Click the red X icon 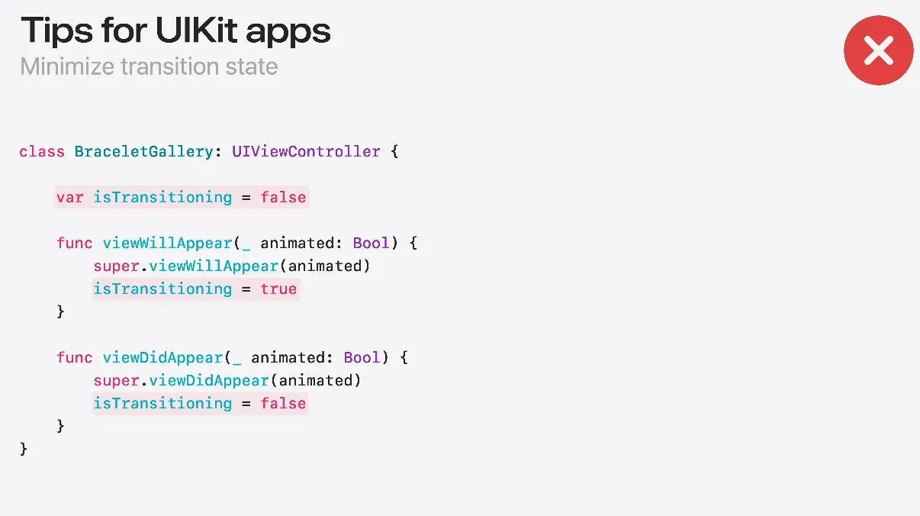pyautogui.click(x=878, y=50)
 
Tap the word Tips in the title pyautogui.click(x=52, y=31)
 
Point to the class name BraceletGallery pyautogui.click(x=143, y=151)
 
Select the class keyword pyautogui.click(x=42, y=151)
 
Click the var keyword pyautogui.click(x=69, y=197)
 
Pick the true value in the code pyautogui.click(x=278, y=289)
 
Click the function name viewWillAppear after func pyautogui.click(x=167, y=243)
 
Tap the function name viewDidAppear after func pyautogui.click(x=162, y=357)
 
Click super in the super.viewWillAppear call pyautogui.click(x=116, y=266)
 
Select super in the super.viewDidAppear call pyautogui.click(x=116, y=380)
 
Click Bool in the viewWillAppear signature pyautogui.click(x=371, y=243)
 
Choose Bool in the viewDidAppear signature pyautogui.click(x=362, y=357)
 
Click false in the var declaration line pyautogui.click(x=283, y=197)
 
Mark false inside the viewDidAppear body pyautogui.click(x=283, y=403)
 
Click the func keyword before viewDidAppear pyautogui.click(x=75, y=357)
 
